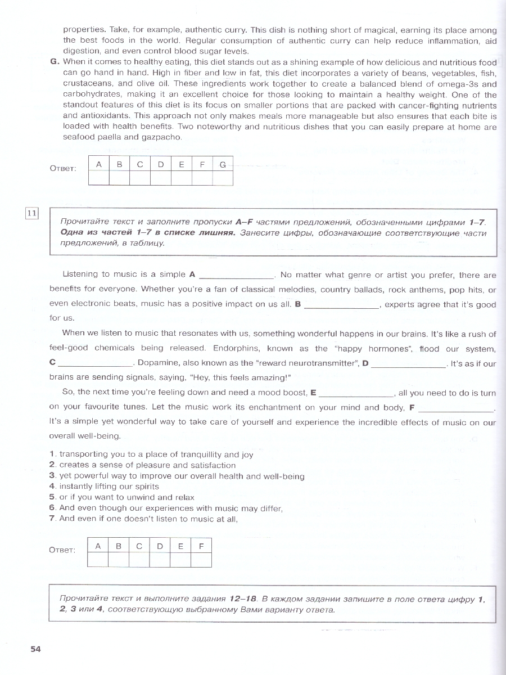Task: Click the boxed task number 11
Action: (31, 213)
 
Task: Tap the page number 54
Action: (35, 649)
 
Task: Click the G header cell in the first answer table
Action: (223, 165)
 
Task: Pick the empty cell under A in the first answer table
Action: (99, 178)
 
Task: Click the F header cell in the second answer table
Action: (201, 546)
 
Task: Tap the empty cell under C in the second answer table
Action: (139, 560)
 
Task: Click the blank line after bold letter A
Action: (237, 276)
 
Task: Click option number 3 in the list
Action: (51, 476)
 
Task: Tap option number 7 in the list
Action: (51, 519)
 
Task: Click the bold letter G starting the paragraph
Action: (54, 62)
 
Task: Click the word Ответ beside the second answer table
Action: (62, 550)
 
